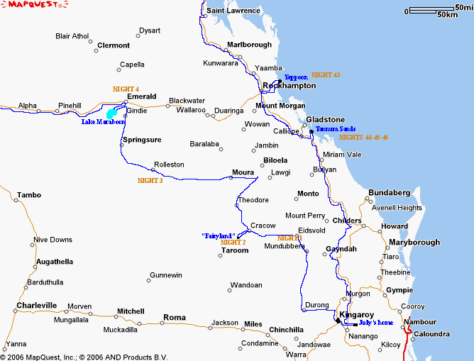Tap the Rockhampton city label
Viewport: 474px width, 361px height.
pyautogui.click(x=289, y=86)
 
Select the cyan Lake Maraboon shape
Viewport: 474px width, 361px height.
pyautogui.click(x=111, y=113)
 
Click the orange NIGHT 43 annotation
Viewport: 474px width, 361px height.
pyautogui.click(x=326, y=74)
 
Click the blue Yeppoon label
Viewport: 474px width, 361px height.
pyautogui.click(x=296, y=77)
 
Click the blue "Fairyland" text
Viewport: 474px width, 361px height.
pyautogui.click(x=219, y=235)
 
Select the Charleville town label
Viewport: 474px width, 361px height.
pyautogui.click(x=36, y=306)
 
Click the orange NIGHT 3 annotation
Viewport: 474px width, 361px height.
pyautogui.click(x=150, y=181)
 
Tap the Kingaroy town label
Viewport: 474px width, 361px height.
pyautogui.click(x=356, y=314)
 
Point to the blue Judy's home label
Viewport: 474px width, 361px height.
pyautogui.click(x=375, y=323)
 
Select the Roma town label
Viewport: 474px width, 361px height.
pyautogui.click(x=175, y=317)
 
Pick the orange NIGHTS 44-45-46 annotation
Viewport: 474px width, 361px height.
pyautogui.click(x=363, y=137)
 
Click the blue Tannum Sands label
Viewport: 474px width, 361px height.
pyautogui.click(x=331, y=129)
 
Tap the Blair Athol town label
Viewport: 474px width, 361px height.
pyautogui.click(x=72, y=36)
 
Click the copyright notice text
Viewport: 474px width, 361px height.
pyautogui.click(x=84, y=356)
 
